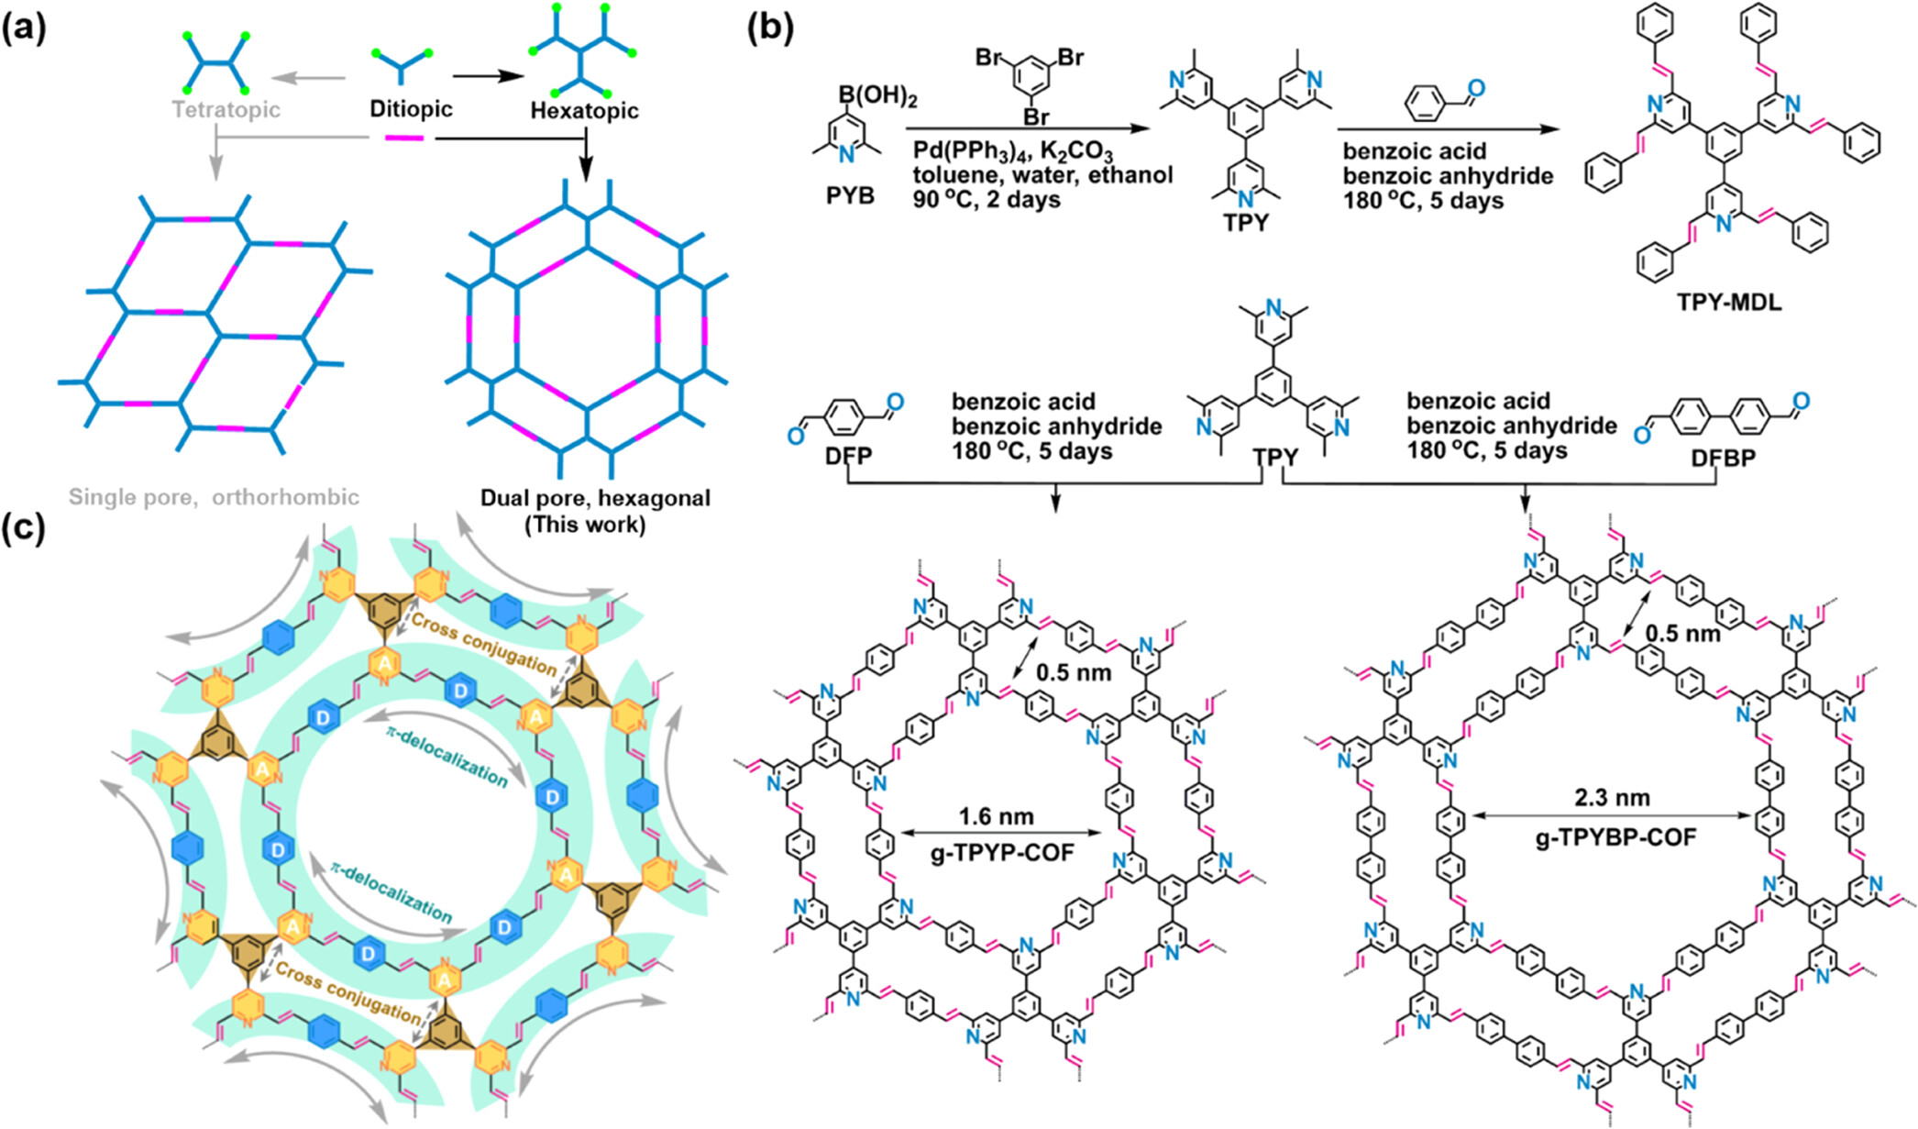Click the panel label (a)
[x=24, y=29]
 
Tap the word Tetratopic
[x=226, y=110]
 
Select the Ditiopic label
[x=411, y=109]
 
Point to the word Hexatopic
[x=584, y=111]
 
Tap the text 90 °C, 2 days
[x=987, y=199]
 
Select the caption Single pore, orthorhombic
[x=214, y=497]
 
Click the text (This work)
[x=585, y=525]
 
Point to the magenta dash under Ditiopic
[x=403, y=138]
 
